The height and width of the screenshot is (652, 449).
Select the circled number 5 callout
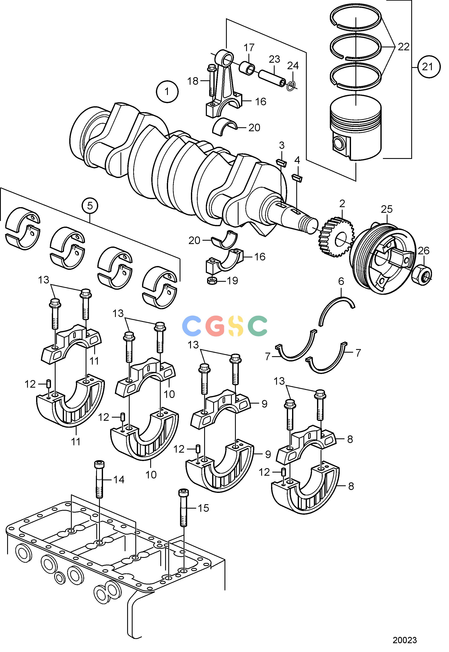click(x=90, y=206)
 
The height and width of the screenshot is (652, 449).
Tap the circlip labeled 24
click(x=291, y=86)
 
